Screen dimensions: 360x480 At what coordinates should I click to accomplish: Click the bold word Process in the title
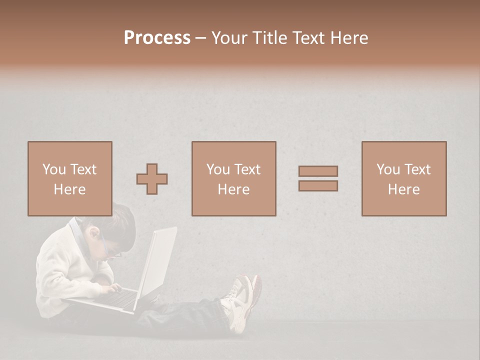157,38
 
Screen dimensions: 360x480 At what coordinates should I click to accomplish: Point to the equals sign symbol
318,178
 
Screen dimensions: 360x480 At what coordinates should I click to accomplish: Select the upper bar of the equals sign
318,171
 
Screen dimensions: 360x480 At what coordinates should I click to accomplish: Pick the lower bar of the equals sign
318,185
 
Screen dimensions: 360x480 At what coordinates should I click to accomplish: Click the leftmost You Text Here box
70,178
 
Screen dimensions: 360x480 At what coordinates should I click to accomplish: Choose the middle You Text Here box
234,178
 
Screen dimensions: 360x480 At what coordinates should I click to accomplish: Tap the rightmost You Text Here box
404,178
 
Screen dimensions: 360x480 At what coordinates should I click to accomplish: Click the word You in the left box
53,169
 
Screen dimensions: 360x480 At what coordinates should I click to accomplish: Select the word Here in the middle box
234,189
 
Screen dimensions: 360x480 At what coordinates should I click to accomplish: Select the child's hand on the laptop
111,288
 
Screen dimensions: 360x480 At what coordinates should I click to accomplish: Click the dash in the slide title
201,38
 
